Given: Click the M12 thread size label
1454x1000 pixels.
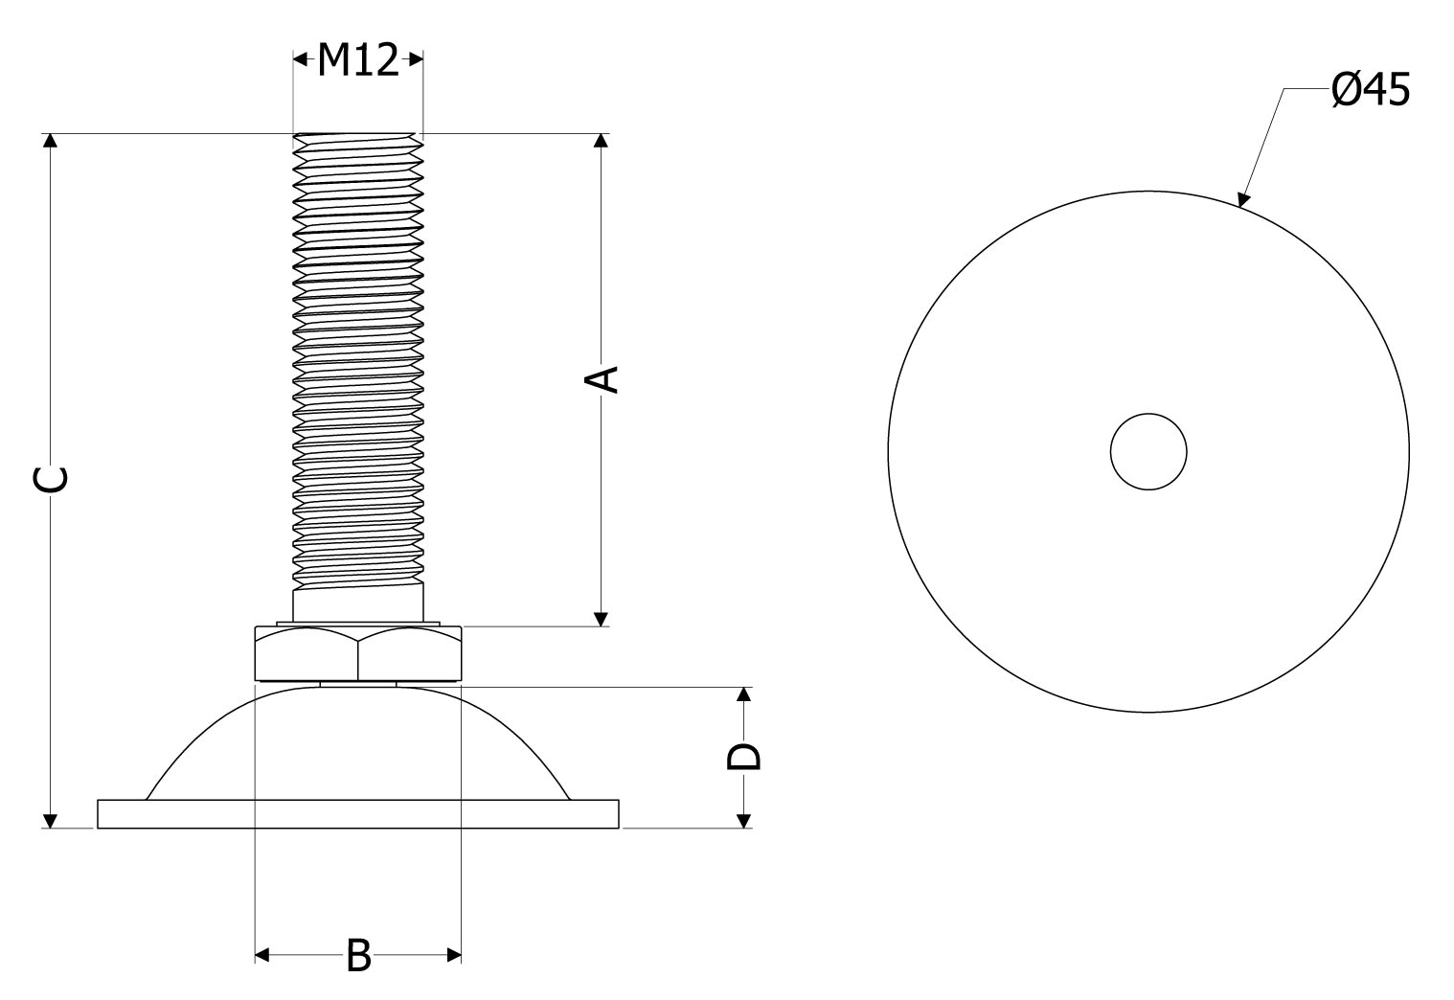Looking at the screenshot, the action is click(357, 60).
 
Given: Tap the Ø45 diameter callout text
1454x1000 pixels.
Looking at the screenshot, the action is click(1371, 89).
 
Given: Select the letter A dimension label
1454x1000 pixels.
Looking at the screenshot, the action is click(602, 379).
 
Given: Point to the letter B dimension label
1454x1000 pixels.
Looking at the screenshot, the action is click(358, 955).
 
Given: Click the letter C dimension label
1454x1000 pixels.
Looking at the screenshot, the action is click(50, 479).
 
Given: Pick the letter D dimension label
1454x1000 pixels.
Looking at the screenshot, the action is click(744, 757).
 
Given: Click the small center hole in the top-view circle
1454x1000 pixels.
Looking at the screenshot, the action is click(1148, 452).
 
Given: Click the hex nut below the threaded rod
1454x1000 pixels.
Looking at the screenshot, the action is click(357, 653).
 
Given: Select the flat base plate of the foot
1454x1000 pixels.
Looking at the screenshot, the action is click(357, 814).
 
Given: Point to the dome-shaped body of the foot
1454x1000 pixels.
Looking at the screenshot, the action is click(357, 742).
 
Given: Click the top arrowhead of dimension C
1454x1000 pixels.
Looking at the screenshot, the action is click(50, 141).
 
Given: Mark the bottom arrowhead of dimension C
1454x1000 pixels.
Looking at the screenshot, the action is click(50, 821).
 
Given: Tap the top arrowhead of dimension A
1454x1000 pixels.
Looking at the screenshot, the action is click(602, 141).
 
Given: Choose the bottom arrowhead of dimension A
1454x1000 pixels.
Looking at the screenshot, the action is click(602, 619).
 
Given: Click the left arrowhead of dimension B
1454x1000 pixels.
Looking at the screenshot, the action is click(261, 955).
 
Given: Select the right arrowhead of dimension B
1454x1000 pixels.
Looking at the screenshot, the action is click(454, 955).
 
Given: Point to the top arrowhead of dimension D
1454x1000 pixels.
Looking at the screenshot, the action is click(744, 694).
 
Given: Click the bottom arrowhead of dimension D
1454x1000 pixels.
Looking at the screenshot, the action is click(744, 821).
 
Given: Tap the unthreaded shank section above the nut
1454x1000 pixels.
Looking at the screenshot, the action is click(357, 603).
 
